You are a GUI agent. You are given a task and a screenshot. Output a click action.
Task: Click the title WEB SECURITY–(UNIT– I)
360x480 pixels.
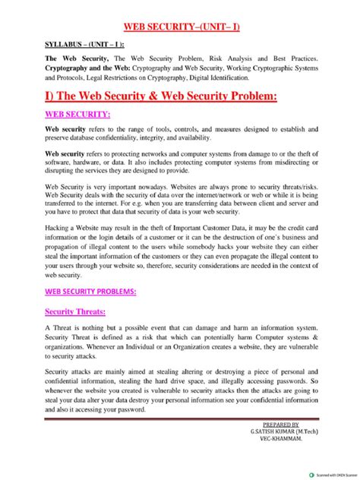(x=182, y=28)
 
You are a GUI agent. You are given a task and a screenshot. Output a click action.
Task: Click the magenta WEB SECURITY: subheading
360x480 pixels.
(x=78, y=115)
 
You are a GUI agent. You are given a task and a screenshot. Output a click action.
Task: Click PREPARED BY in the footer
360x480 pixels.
(x=279, y=425)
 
